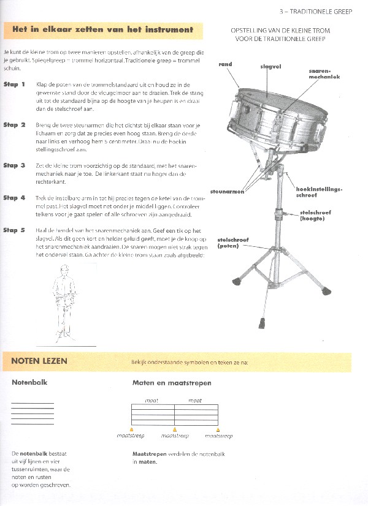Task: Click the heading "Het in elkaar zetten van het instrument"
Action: [x=102, y=29]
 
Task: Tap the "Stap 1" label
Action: [x=14, y=85]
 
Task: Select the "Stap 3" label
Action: [x=14, y=165]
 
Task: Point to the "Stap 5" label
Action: [x=14, y=230]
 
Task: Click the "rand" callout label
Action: [x=224, y=64]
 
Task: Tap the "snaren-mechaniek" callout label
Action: [x=324, y=74]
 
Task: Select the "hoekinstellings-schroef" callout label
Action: [x=318, y=192]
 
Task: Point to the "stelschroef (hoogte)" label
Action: [x=315, y=215]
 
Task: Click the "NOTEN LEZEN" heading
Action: [x=39, y=361]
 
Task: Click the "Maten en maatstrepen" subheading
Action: [x=172, y=383]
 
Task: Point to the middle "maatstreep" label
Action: [x=175, y=436]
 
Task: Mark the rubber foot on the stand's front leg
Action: [x=262, y=320]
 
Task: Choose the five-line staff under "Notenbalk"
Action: [x=33, y=413]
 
